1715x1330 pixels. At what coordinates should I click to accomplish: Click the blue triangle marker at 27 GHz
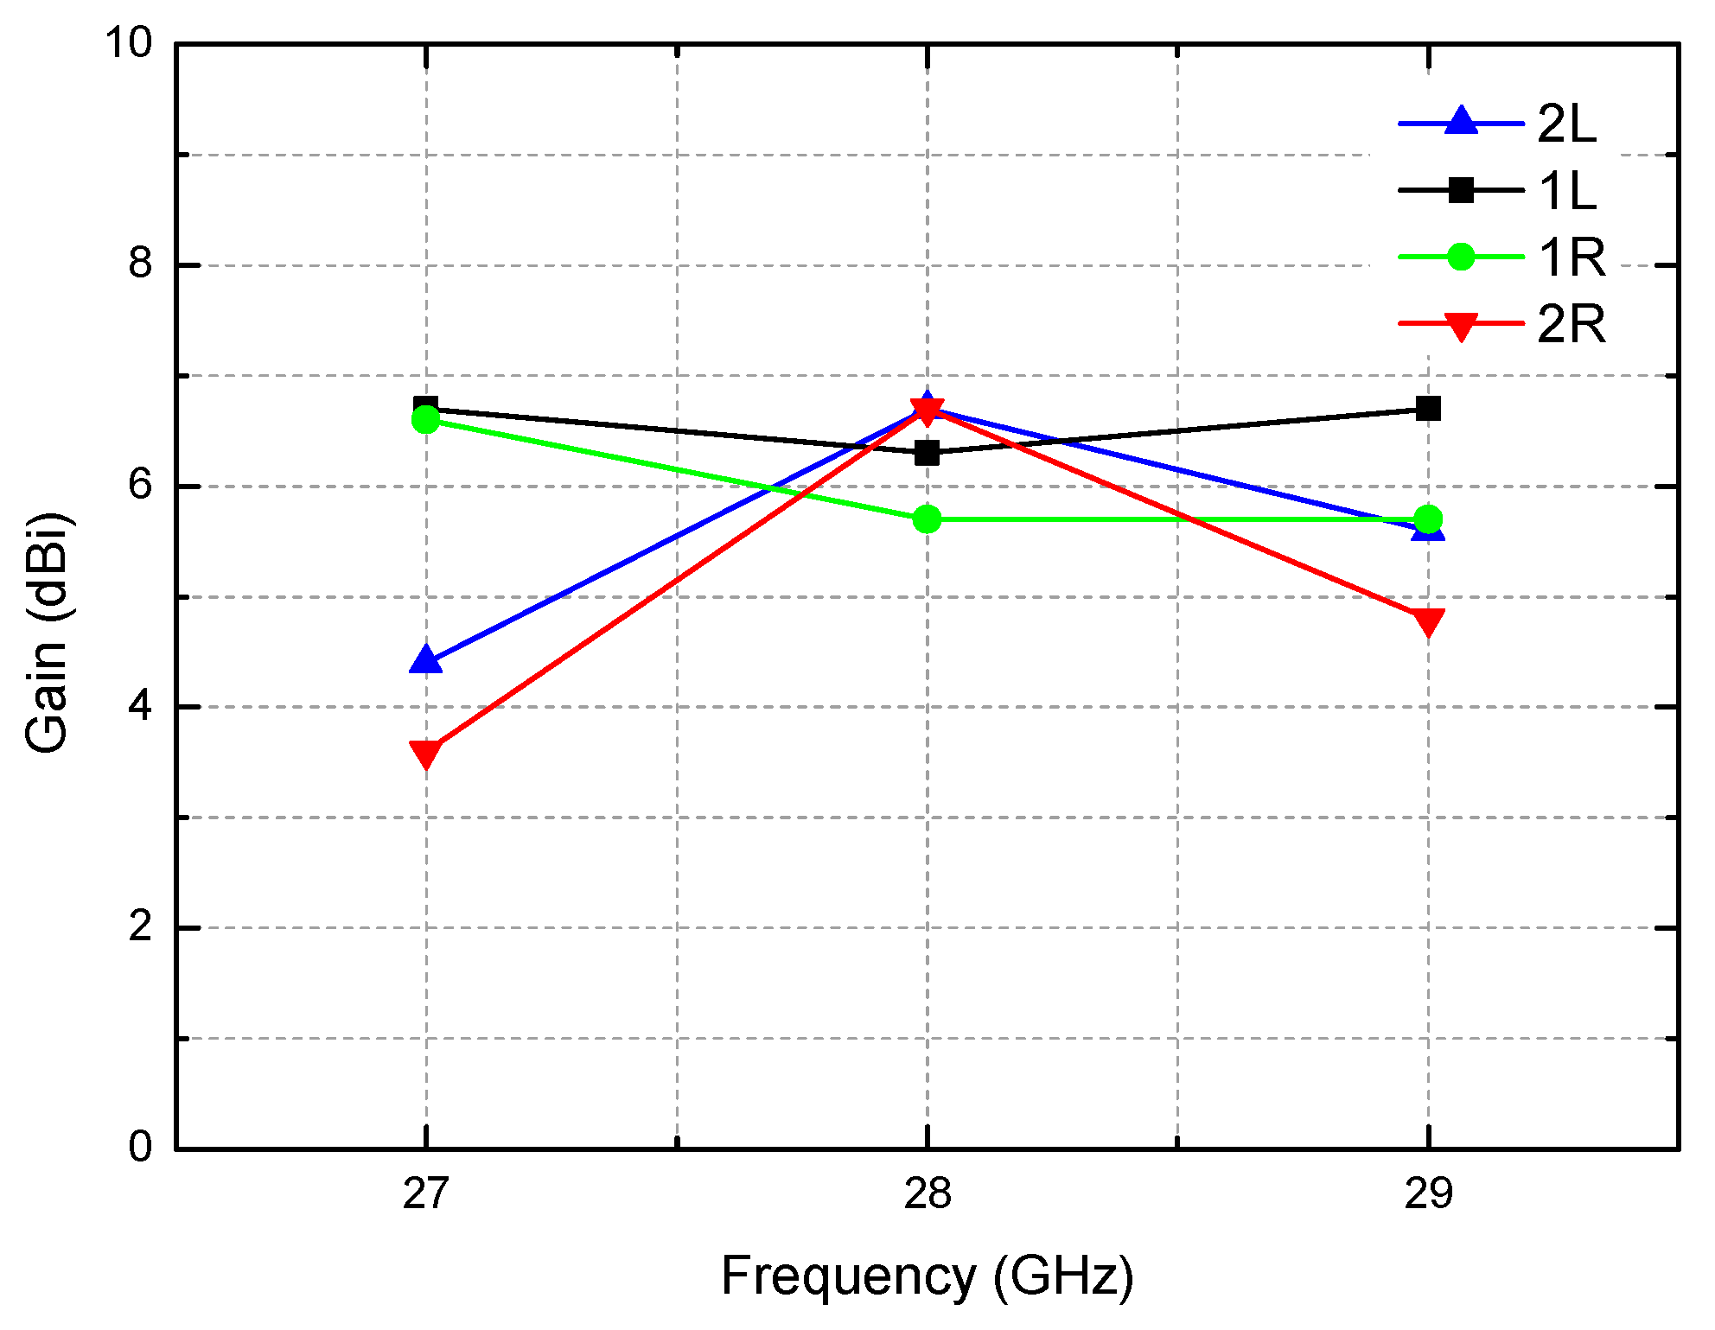point(425,660)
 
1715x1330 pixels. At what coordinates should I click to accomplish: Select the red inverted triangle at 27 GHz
point(425,753)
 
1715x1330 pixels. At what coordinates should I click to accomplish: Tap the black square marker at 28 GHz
point(927,452)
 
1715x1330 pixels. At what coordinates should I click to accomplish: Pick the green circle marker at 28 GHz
point(927,519)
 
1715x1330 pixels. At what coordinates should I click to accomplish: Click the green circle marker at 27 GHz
point(425,420)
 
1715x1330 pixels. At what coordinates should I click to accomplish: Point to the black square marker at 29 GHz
point(1428,408)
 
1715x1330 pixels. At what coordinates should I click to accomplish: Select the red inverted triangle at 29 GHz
point(1428,620)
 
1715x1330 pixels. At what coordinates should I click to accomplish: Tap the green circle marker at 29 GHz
point(1428,519)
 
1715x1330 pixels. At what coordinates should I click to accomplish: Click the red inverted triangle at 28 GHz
point(927,412)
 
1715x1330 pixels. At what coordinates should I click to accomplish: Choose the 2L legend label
point(1566,124)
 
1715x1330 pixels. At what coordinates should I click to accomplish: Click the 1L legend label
point(1566,190)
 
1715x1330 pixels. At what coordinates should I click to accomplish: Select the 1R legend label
point(1571,257)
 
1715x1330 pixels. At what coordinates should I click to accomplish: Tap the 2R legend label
point(1571,324)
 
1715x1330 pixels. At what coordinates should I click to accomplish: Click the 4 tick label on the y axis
point(140,706)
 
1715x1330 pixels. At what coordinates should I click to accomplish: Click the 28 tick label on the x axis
point(927,1194)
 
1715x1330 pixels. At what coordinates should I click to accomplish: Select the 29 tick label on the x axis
point(1428,1194)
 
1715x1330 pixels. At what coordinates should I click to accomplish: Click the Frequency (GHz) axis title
point(927,1276)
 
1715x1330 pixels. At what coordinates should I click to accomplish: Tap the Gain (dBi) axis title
point(48,633)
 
